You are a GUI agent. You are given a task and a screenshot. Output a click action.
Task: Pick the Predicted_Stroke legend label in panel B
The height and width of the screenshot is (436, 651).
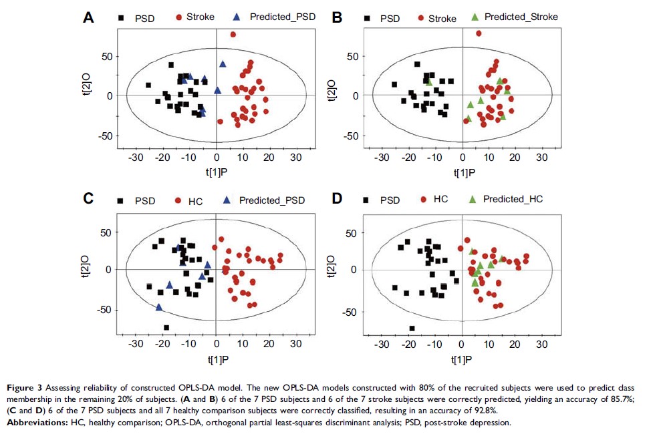tap(521, 16)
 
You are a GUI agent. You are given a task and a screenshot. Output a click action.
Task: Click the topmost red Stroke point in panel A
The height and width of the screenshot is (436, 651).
tap(233, 34)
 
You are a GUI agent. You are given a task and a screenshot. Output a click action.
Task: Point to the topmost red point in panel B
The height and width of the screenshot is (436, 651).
tap(479, 33)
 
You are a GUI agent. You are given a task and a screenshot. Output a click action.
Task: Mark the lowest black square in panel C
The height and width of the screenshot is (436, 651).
tap(166, 327)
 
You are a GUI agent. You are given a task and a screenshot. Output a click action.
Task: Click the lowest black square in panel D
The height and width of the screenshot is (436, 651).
tap(412, 328)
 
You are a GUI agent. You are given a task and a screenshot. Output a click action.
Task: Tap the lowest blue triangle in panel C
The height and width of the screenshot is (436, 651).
tap(159, 307)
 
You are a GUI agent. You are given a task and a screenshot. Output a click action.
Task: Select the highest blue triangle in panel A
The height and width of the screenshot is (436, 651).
tap(223, 64)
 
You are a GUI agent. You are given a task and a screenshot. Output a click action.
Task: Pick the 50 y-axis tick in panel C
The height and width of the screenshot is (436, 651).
tap(104, 233)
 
